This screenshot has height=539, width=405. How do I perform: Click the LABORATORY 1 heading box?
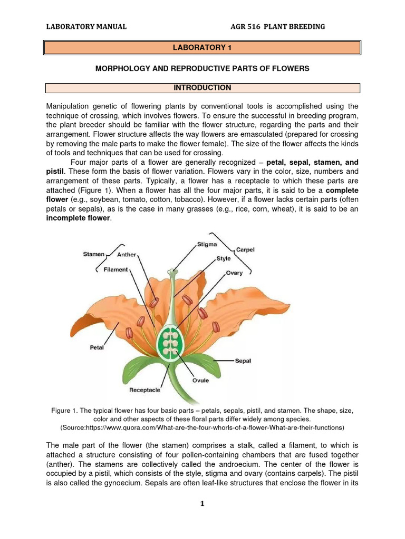(x=202, y=48)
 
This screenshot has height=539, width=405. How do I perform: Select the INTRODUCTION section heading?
(x=202, y=88)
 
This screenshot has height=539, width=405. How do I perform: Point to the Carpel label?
(x=245, y=249)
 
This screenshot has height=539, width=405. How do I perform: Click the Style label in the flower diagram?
(x=224, y=259)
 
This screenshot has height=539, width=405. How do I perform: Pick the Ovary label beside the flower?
(x=234, y=273)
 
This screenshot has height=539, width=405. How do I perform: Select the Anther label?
(x=127, y=255)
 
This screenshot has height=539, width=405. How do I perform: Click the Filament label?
(x=116, y=269)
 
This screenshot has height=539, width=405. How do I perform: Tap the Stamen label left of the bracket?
(x=94, y=254)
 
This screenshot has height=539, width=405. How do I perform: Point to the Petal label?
(x=97, y=348)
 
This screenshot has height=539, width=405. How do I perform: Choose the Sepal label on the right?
(x=243, y=361)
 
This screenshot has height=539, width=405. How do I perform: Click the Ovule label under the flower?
(x=200, y=380)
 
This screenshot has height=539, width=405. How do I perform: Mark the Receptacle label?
(x=145, y=391)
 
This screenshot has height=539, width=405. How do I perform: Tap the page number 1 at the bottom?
(x=202, y=504)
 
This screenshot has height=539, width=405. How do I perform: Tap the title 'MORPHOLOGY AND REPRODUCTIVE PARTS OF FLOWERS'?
(x=202, y=69)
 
